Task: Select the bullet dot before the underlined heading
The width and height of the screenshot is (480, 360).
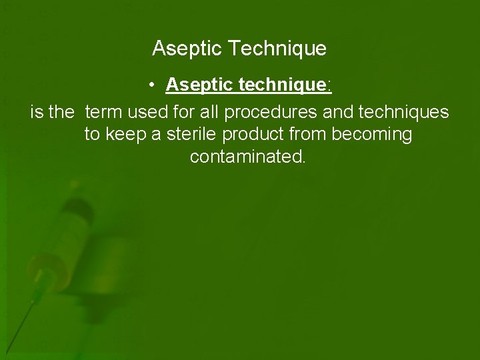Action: pyautogui.click(x=153, y=85)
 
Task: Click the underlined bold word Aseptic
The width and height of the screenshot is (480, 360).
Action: pyautogui.click(x=198, y=85)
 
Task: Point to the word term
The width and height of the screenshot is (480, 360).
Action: pyautogui.click(x=105, y=111)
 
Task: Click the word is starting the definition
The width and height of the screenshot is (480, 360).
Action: pyautogui.click(x=37, y=111)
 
